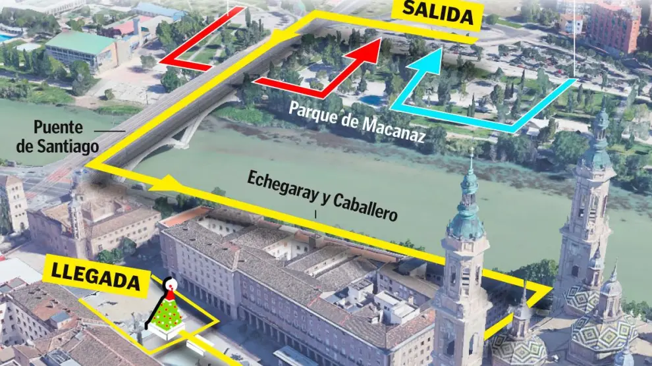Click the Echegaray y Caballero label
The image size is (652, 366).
coord(323,196)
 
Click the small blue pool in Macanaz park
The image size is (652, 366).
coord(372,100)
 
